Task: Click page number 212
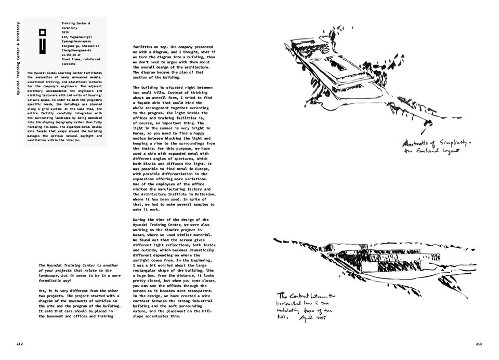coord(19,343)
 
